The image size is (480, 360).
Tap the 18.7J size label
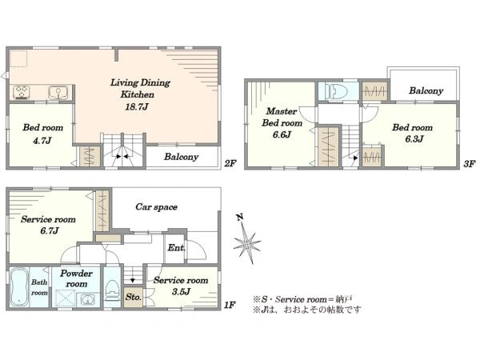click(137, 107)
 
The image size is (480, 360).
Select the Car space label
click(157, 207)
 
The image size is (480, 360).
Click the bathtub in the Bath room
click(19, 287)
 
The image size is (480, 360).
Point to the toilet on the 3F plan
click(336, 91)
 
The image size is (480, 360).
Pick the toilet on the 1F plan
click(112, 290)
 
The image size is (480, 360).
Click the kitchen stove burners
click(22, 92)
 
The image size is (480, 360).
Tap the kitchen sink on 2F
click(58, 93)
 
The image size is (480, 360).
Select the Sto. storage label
click(134, 297)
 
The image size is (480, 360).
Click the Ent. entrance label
click(176, 248)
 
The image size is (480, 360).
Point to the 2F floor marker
click(230, 163)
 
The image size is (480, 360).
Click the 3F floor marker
click(469, 164)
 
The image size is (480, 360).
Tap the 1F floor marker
click(230, 305)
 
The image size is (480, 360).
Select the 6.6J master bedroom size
click(282, 134)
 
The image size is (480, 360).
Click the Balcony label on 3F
click(426, 90)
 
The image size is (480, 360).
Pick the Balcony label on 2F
click(182, 157)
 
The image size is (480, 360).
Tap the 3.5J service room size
click(181, 291)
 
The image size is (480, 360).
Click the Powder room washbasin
click(87, 300)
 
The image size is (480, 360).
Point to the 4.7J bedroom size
click(42, 141)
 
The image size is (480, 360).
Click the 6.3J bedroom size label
click(414, 139)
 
